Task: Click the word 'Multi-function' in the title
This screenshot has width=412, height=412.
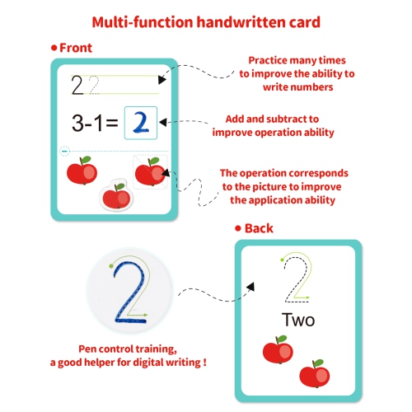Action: (x=143, y=22)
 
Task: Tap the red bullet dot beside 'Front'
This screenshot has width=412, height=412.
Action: (x=54, y=48)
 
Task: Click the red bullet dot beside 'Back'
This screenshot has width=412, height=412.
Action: (x=238, y=228)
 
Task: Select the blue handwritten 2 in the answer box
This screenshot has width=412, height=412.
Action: (x=141, y=123)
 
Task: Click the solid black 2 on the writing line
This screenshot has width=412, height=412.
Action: (x=77, y=85)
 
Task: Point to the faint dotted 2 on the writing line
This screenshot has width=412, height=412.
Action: (x=94, y=85)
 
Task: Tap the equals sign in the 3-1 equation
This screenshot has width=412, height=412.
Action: (x=112, y=123)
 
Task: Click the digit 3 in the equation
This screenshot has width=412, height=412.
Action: (x=77, y=123)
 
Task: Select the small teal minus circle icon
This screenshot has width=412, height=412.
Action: (x=65, y=151)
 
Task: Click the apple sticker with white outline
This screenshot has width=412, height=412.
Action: (x=116, y=195)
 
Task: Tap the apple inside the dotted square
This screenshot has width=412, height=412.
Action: (x=150, y=171)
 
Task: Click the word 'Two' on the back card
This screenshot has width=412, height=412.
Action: (x=298, y=320)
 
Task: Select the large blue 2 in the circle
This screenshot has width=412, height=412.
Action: (x=129, y=293)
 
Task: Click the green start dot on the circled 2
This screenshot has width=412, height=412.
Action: (x=111, y=266)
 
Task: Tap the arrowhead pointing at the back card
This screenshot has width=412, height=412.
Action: (x=250, y=287)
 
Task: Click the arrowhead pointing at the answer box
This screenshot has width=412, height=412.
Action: (x=162, y=122)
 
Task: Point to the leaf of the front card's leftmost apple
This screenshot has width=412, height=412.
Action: (x=86, y=160)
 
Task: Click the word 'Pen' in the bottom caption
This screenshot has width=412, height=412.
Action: (x=88, y=349)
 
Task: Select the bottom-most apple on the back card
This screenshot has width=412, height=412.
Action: (x=315, y=374)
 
